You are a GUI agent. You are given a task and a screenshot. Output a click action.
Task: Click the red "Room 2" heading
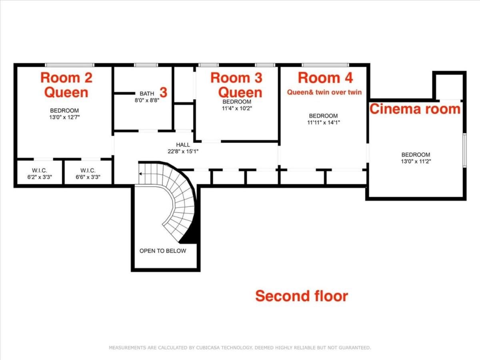tap(66, 78)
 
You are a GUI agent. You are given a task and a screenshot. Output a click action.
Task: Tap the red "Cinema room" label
tap(415, 109)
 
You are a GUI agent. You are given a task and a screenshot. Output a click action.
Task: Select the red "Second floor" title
tap(302, 296)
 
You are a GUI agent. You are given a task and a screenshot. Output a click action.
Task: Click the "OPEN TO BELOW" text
tap(163, 251)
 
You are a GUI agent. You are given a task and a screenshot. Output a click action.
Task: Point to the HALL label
tap(183, 145)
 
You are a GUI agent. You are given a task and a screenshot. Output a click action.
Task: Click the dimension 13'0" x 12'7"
tap(64, 117)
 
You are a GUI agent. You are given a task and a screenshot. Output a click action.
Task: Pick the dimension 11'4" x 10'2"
tap(237, 108)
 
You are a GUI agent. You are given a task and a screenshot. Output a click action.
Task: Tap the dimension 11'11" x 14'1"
tap(324, 123)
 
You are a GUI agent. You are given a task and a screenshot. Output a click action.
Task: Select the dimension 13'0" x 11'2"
tap(416, 162)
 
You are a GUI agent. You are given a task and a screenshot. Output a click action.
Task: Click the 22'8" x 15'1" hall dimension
tap(183, 151)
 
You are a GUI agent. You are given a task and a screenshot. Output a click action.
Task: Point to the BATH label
tap(147, 94)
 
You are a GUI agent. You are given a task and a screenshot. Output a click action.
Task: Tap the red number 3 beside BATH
tap(164, 92)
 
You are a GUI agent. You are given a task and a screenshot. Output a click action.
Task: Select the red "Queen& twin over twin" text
tap(324, 92)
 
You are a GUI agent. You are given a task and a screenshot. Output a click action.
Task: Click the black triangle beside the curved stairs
tap(190, 232)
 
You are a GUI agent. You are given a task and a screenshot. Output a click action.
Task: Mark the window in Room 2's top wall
tap(70, 65)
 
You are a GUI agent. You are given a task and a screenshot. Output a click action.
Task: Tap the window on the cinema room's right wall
tap(465, 150)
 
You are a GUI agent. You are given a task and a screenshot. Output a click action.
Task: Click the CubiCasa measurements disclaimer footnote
tap(240, 348)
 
